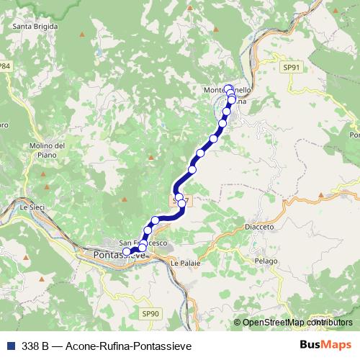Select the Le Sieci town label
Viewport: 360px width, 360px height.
coord(32,207)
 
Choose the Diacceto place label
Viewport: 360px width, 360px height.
coord(259,227)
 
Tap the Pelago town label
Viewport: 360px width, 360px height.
coord(265,260)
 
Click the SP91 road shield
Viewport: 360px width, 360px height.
coord(291,66)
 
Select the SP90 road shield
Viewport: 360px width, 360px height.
coord(150,313)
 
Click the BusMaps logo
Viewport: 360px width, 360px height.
coord(325,345)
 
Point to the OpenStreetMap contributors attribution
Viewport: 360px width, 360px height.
coord(293,323)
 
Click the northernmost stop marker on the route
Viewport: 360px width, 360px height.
coord(228,89)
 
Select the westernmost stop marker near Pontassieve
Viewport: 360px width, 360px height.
coord(127,252)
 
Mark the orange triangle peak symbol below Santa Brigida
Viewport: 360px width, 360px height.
coord(84,34)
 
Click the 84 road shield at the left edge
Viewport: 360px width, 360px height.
coord(5,66)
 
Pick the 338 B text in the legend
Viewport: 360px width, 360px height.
coord(35,346)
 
